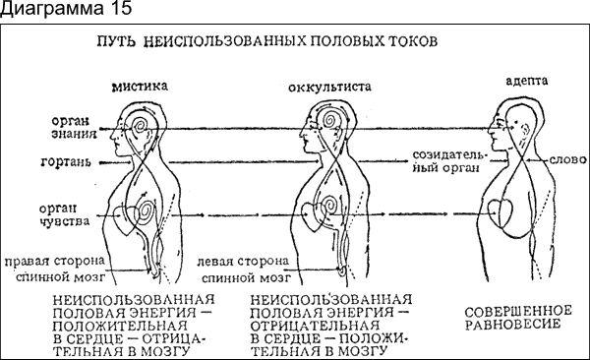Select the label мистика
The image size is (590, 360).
142,86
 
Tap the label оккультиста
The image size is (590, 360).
329,87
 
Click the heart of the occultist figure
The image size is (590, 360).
316,213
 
